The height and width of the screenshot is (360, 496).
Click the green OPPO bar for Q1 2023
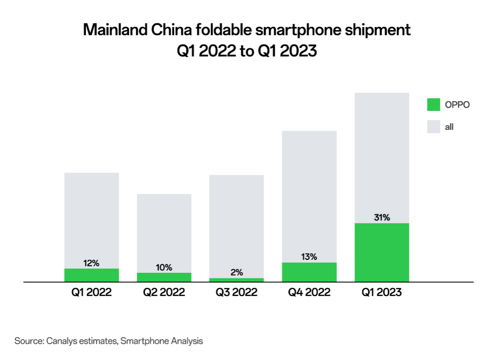(382, 252)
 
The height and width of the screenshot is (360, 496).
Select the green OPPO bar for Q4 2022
(309, 272)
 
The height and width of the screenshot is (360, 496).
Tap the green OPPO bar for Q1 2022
(91, 275)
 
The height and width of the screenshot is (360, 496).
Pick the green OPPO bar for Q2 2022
(164, 277)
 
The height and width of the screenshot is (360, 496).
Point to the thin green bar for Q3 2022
(236, 280)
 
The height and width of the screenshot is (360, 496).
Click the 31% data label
(382, 217)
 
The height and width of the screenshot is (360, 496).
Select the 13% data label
(309, 257)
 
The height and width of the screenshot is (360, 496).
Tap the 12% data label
(91, 263)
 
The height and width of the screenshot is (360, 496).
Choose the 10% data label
(164, 267)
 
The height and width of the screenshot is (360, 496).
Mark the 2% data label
(237, 272)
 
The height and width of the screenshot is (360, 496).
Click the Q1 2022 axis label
(91, 292)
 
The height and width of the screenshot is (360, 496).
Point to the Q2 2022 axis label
(164, 292)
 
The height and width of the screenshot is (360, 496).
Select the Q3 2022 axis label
(236, 292)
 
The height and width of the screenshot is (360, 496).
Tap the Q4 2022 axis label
(309, 292)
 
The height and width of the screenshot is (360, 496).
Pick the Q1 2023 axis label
(382, 292)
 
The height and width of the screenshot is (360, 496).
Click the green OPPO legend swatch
(433, 105)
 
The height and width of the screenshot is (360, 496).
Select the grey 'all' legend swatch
(433, 127)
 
